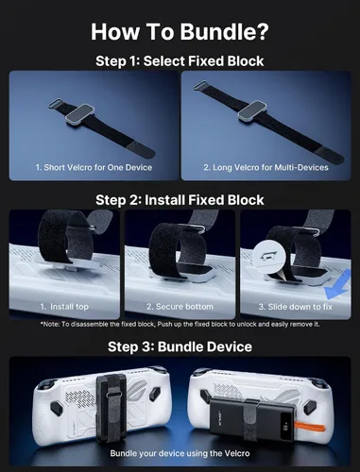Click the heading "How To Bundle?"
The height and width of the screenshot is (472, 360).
click(x=180, y=31)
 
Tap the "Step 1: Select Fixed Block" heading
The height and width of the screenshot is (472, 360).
click(x=180, y=61)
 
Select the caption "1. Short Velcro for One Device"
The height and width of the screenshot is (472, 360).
click(x=94, y=167)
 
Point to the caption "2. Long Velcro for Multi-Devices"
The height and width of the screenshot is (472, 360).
click(x=266, y=167)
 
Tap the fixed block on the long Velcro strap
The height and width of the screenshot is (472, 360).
click(x=252, y=111)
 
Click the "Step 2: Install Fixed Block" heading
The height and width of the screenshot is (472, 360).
click(x=180, y=200)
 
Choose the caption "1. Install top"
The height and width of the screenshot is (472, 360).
click(x=64, y=307)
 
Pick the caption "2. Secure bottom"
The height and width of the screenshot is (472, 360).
click(x=180, y=307)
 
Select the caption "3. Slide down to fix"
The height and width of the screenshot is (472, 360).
click(x=296, y=307)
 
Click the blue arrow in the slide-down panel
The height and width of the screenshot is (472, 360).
click(x=338, y=285)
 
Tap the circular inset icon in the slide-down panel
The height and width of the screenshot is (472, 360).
click(x=269, y=257)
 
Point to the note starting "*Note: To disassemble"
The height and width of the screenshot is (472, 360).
click(x=180, y=324)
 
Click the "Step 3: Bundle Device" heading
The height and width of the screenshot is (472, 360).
click(x=180, y=346)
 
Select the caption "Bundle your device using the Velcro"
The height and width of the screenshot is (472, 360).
click(x=180, y=453)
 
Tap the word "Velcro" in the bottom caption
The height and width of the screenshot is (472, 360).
click(x=237, y=453)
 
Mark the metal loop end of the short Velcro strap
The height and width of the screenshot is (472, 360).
click(x=55, y=103)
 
